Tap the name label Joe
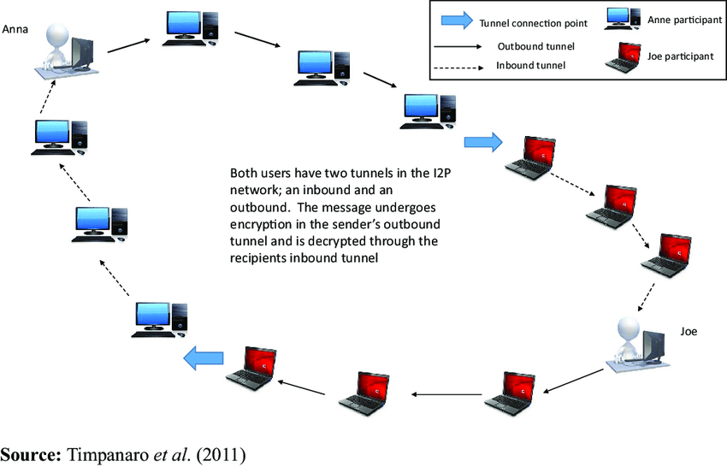pyautogui.click(x=689, y=330)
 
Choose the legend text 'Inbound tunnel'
pyautogui.click(x=530, y=65)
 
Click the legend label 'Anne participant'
pyautogui.click(x=681, y=19)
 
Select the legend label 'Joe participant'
pyautogui.click(x=679, y=57)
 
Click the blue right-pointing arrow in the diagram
pyautogui.click(x=483, y=142)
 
